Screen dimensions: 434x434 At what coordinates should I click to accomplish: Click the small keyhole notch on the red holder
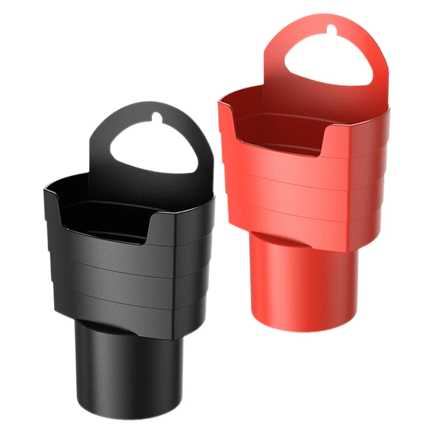click(x=331, y=29)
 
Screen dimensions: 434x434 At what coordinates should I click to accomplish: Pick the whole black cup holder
click(x=130, y=260)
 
